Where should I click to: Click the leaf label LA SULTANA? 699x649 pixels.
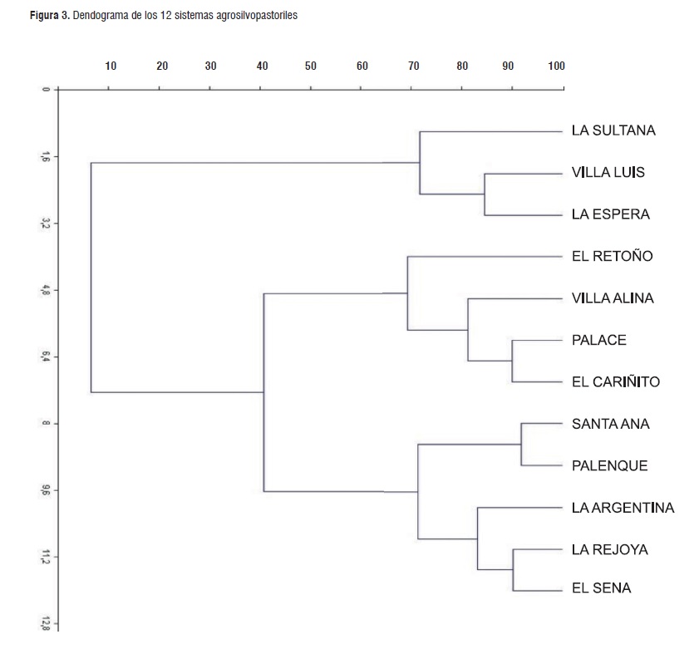pos(613,130)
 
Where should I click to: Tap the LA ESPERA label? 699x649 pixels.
pos(611,214)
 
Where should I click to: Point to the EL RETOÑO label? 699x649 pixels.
pos(613,256)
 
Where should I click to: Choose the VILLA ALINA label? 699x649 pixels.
pos(613,298)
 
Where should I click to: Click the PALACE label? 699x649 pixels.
pos(599,340)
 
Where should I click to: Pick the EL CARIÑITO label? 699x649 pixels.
pos(616,382)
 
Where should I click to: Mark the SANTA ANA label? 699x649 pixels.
pos(611,424)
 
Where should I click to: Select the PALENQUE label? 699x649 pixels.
pos(609,466)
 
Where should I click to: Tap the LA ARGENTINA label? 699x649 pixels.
pos(623,508)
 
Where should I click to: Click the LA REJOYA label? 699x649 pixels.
pos(610,549)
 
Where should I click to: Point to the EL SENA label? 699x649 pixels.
pos(601,588)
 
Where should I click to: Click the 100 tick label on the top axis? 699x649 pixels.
pos(556,66)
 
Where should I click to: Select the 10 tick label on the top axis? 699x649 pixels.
pos(111,66)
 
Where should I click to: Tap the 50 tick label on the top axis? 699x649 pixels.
pos(311,66)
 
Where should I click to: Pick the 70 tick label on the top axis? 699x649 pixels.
pos(413,66)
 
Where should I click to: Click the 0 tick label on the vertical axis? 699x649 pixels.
pos(47,89)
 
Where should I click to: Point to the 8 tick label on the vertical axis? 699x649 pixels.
pos(47,424)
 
